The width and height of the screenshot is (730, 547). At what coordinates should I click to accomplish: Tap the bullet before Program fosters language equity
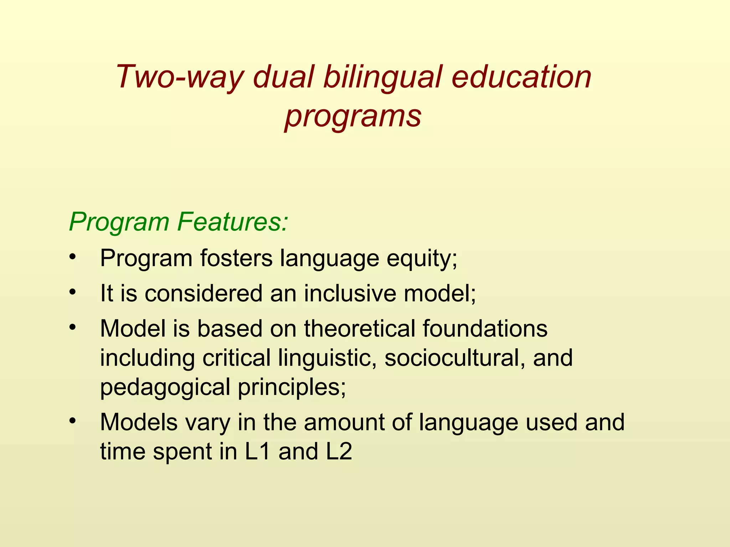(x=73, y=257)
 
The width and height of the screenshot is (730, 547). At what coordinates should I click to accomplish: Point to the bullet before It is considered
(x=73, y=292)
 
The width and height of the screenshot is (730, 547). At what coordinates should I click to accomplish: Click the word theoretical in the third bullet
(x=360, y=328)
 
